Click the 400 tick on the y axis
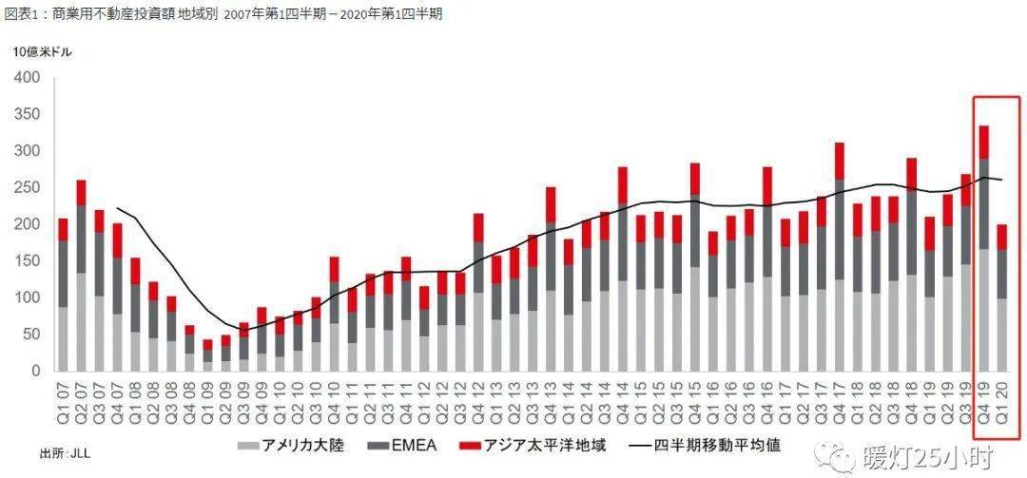tap(27, 78)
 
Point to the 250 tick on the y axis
tap(27, 188)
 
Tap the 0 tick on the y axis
tap(34, 372)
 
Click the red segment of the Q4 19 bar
tap(985, 143)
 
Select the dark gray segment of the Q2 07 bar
tap(81, 239)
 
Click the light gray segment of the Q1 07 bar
tap(63, 338)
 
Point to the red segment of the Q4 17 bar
tap(840, 161)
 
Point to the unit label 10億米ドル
tap(43, 52)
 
